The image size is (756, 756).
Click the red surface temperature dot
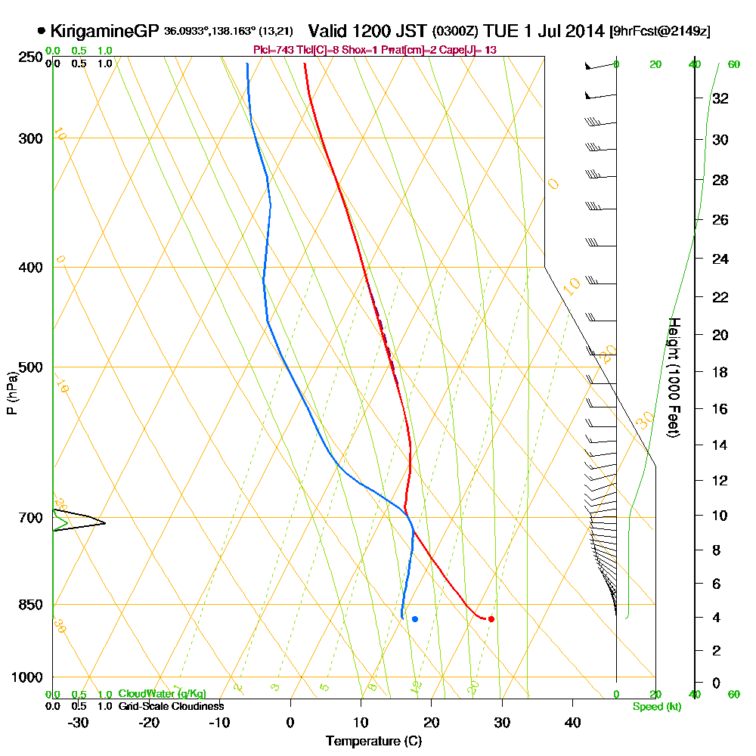click(x=491, y=618)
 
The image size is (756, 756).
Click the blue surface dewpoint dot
click(x=414, y=618)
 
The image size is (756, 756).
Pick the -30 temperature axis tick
click(x=79, y=722)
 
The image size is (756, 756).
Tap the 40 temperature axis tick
click(x=572, y=722)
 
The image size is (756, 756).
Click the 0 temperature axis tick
click(x=290, y=722)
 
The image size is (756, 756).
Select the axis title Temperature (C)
click(x=373, y=741)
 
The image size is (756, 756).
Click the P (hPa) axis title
click(x=11, y=393)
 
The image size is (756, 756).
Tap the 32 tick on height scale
click(x=720, y=98)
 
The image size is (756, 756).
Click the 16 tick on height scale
click(x=720, y=409)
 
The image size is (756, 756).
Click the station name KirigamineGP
click(x=105, y=32)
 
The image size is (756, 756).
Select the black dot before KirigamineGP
click(x=40, y=32)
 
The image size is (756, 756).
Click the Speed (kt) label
click(x=655, y=706)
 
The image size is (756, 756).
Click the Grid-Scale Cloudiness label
click(x=170, y=706)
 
